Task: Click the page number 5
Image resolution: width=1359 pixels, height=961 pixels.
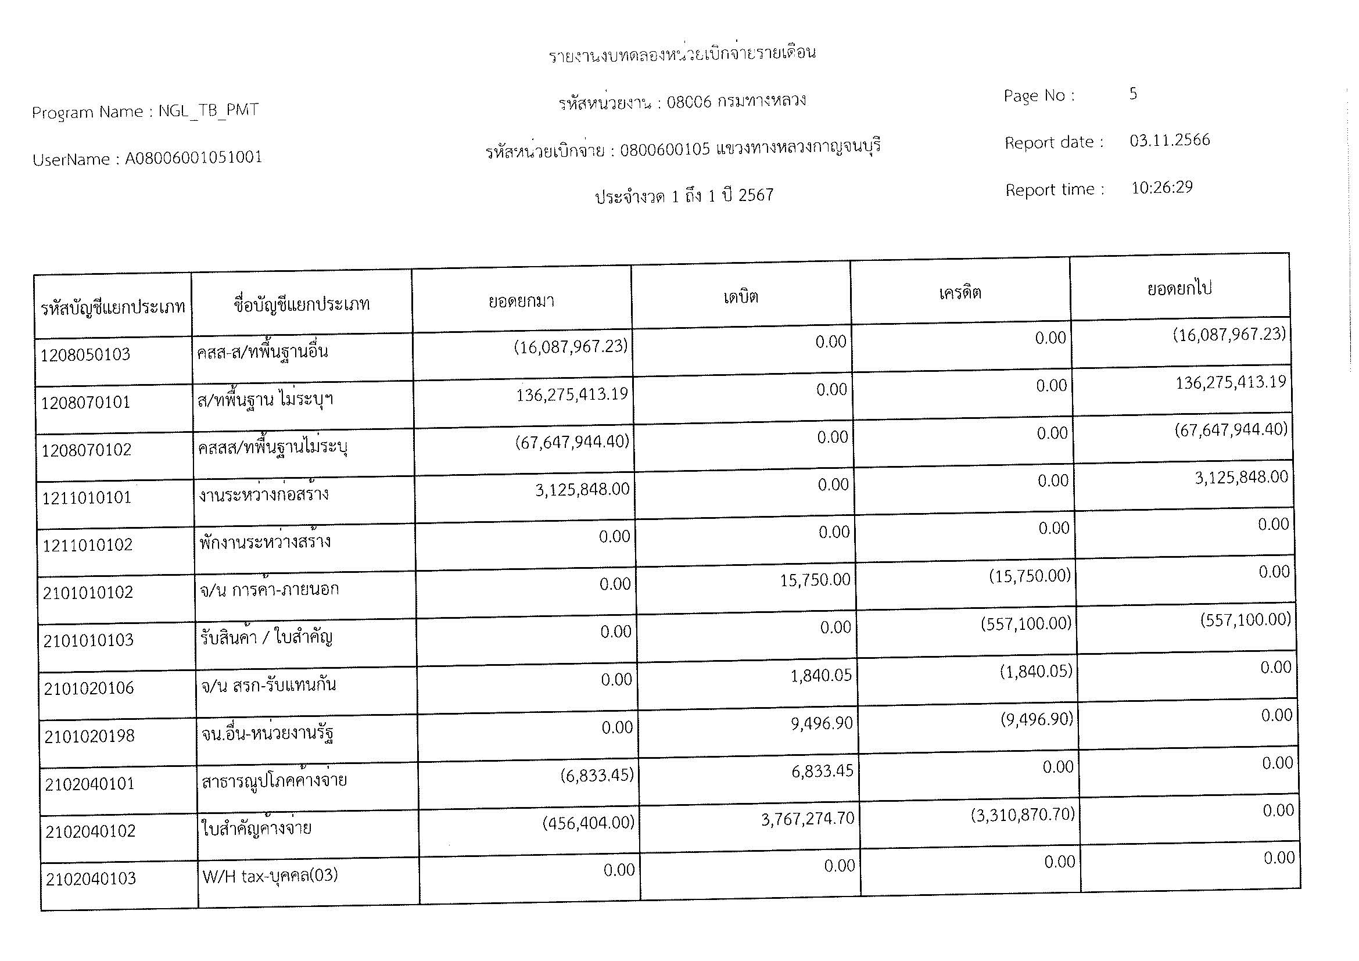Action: point(1133,94)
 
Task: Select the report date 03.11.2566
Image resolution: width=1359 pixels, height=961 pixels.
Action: point(1170,141)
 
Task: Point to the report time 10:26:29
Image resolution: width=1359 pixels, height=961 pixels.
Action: point(1162,188)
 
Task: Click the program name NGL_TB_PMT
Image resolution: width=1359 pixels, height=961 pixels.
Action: point(209,110)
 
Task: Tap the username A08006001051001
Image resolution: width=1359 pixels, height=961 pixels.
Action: point(193,158)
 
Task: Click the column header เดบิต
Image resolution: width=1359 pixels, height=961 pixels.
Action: point(740,296)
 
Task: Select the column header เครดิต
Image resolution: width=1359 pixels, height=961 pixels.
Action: point(960,293)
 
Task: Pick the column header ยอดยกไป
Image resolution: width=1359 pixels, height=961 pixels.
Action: point(1179,289)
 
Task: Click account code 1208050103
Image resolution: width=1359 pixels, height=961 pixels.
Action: point(86,355)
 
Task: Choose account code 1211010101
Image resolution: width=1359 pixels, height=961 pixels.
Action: point(87,498)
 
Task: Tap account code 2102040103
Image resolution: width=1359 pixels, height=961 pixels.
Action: point(91,878)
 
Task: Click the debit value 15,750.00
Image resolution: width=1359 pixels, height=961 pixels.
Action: point(815,580)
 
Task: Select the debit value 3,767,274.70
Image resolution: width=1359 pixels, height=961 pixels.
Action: point(808,819)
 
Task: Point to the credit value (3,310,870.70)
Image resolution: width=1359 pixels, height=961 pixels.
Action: point(1023,815)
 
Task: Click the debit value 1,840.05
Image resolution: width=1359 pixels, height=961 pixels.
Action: point(821,676)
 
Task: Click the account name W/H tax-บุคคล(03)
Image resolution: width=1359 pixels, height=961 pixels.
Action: point(270,876)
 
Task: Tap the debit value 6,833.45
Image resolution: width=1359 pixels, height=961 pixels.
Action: point(823,771)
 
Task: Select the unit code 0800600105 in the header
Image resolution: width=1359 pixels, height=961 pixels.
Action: point(665,150)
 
